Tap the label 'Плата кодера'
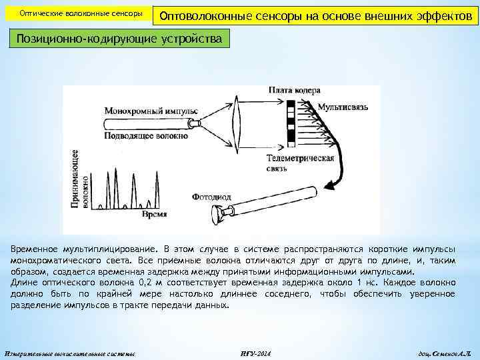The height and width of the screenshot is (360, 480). point(295,90)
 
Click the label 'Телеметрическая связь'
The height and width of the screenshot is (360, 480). point(300,163)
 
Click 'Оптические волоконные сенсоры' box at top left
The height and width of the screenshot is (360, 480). point(81,14)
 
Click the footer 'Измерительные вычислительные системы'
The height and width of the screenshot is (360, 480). point(70,353)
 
